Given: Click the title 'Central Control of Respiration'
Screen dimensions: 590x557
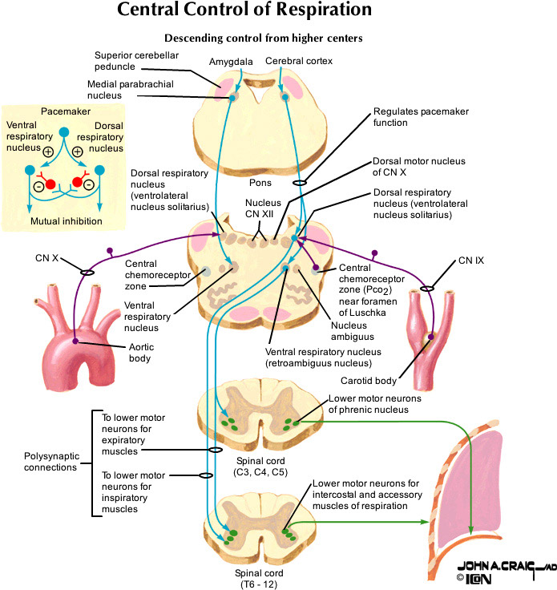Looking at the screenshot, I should tap(244, 11).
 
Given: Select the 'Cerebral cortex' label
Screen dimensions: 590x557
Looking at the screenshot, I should tap(298, 61).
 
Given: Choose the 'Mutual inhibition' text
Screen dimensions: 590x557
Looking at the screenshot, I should tap(65, 220).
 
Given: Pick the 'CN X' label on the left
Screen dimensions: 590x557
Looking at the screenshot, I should tap(47, 258).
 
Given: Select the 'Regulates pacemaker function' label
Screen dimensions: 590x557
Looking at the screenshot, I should tap(409, 117).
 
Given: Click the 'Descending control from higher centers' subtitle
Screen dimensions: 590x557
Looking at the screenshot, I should tap(265, 38).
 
